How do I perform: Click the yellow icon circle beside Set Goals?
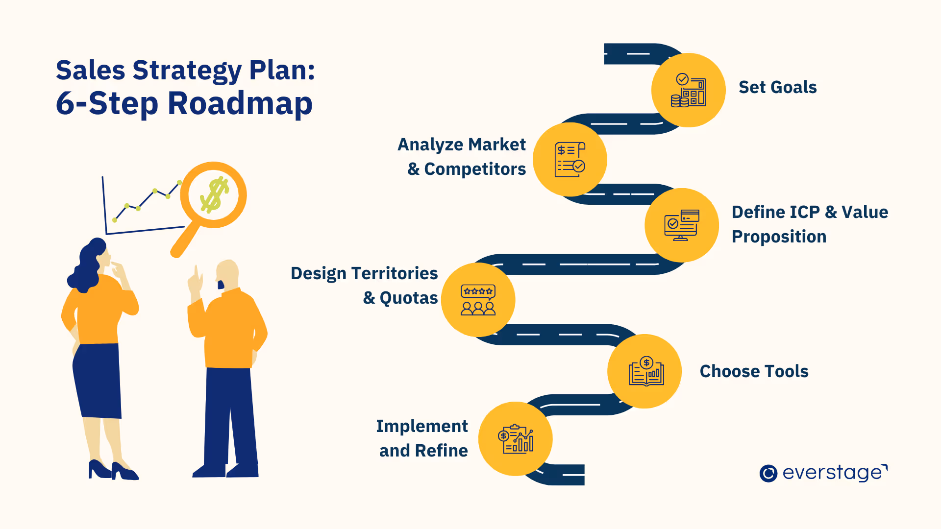[x=688, y=90]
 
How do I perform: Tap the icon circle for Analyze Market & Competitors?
[x=570, y=160]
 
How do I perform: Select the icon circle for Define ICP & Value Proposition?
[x=681, y=225]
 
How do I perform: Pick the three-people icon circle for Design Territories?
[x=478, y=300]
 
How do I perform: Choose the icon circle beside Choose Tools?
[x=644, y=371]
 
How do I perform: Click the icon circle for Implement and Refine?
[x=515, y=439]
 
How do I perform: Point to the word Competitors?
[x=474, y=169]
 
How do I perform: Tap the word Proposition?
[x=779, y=237]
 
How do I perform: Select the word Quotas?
[x=409, y=298]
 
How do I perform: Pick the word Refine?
[x=441, y=451]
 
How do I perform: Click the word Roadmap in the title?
[x=240, y=103]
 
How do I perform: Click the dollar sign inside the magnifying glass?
[x=214, y=195]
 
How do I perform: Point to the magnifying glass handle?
[x=184, y=240]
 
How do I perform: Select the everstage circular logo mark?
[x=768, y=473]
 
